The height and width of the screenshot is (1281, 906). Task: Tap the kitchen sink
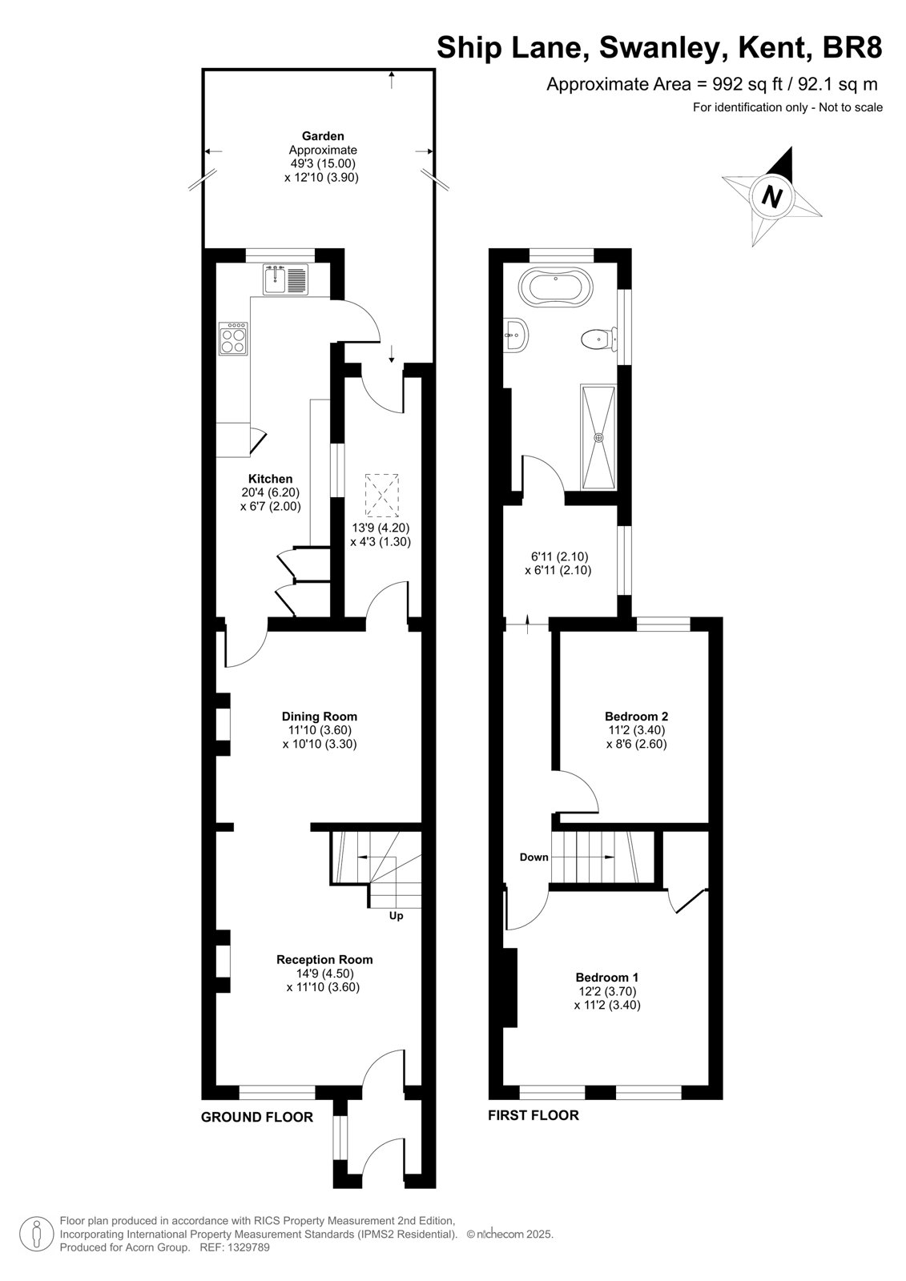286,279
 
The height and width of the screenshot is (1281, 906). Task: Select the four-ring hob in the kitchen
234,339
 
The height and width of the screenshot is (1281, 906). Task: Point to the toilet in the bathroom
598,339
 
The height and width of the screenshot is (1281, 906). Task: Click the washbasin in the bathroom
516,335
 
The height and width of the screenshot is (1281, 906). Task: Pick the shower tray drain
598,437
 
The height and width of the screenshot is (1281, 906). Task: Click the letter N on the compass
772,197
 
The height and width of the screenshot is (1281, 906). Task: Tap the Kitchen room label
270,479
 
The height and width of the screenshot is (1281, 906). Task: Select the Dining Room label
320,716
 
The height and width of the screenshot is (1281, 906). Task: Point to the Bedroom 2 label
636,716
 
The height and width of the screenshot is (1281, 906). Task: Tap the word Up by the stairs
396,916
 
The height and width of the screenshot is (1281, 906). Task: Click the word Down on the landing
534,873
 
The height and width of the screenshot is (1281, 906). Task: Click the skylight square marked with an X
381,495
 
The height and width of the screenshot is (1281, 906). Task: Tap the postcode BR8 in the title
852,47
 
